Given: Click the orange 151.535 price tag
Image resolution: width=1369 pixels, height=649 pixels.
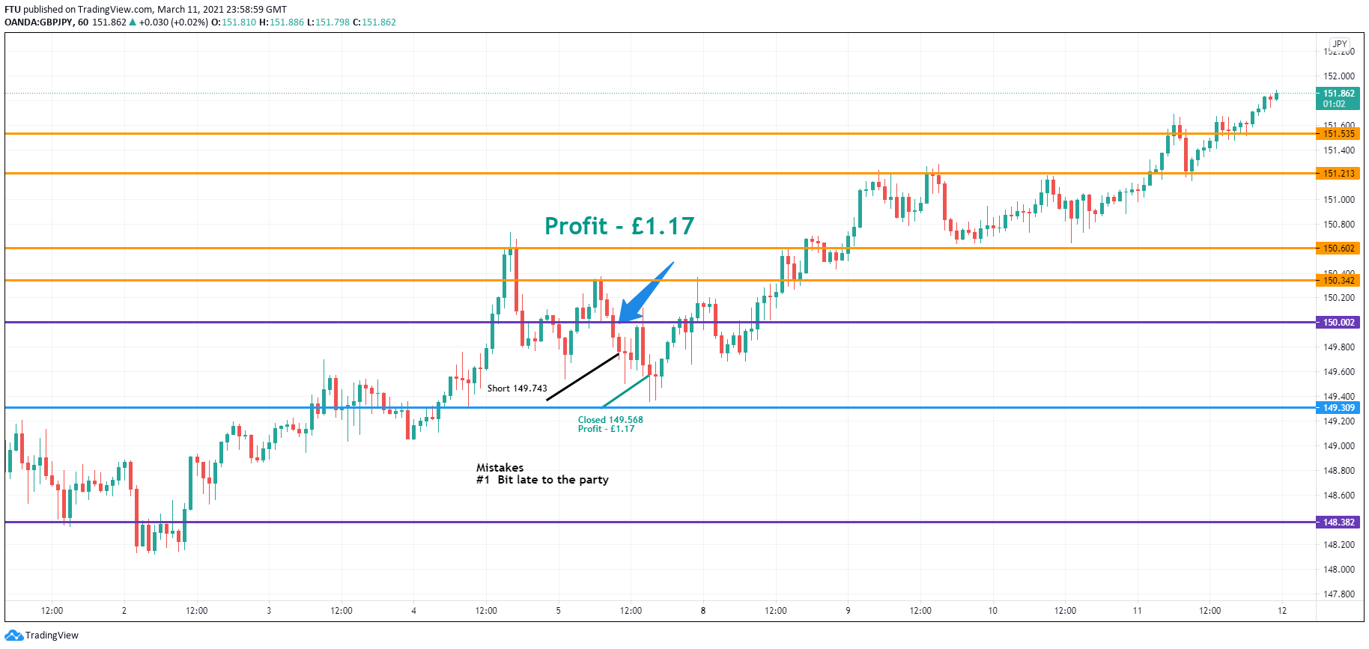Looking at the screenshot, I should pyautogui.click(x=1338, y=134).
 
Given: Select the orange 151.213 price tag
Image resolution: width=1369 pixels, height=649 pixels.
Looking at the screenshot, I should pyautogui.click(x=1338, y=174).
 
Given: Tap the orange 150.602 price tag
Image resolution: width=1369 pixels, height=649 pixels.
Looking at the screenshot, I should pyautogui.click(x=1338, y=249).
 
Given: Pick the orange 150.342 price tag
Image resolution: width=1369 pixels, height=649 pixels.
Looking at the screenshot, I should pyautogui.click(x=1338, y=281).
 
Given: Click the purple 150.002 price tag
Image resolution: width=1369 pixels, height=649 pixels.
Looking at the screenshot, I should pyautogui.click(x=1338, y=323).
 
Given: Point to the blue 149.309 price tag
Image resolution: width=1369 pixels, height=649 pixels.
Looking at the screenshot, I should pyautogui.click(x=1338, y=408).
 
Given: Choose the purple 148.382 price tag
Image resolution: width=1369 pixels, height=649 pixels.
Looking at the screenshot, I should pyautogui.click(x=1338, y=522).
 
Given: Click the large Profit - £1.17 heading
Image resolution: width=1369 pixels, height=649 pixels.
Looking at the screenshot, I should pyautogui.click(x=619, y=226).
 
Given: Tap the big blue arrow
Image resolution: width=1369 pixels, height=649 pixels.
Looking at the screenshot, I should pyautogui.click(x=646, y=293).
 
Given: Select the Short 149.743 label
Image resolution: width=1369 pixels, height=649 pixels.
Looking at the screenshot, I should pyautogui.click(x=517, y=389).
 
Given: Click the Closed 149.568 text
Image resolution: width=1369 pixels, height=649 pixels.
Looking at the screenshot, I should pyautogui.click(x=610, y=420).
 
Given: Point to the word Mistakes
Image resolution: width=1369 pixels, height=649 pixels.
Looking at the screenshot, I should pyautogui.click(x=500, y=468).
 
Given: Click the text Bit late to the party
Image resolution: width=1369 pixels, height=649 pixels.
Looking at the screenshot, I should pyautogui.click(x=553, y=480).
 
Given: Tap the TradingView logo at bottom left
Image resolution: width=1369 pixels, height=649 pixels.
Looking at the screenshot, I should pyautogui.click(x=42, y=636).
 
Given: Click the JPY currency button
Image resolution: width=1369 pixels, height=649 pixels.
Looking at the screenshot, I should pyautogui.click(x=1339, y=44).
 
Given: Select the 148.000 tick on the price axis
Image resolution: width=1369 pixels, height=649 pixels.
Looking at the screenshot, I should pyautogui.click(x=1338, y=570).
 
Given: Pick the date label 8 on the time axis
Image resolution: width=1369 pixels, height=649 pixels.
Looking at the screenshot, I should pyautogui.click(x=702, y=611).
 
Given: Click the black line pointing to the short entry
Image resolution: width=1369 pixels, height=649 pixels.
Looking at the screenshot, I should pyautogui.click(x=583, y=377).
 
